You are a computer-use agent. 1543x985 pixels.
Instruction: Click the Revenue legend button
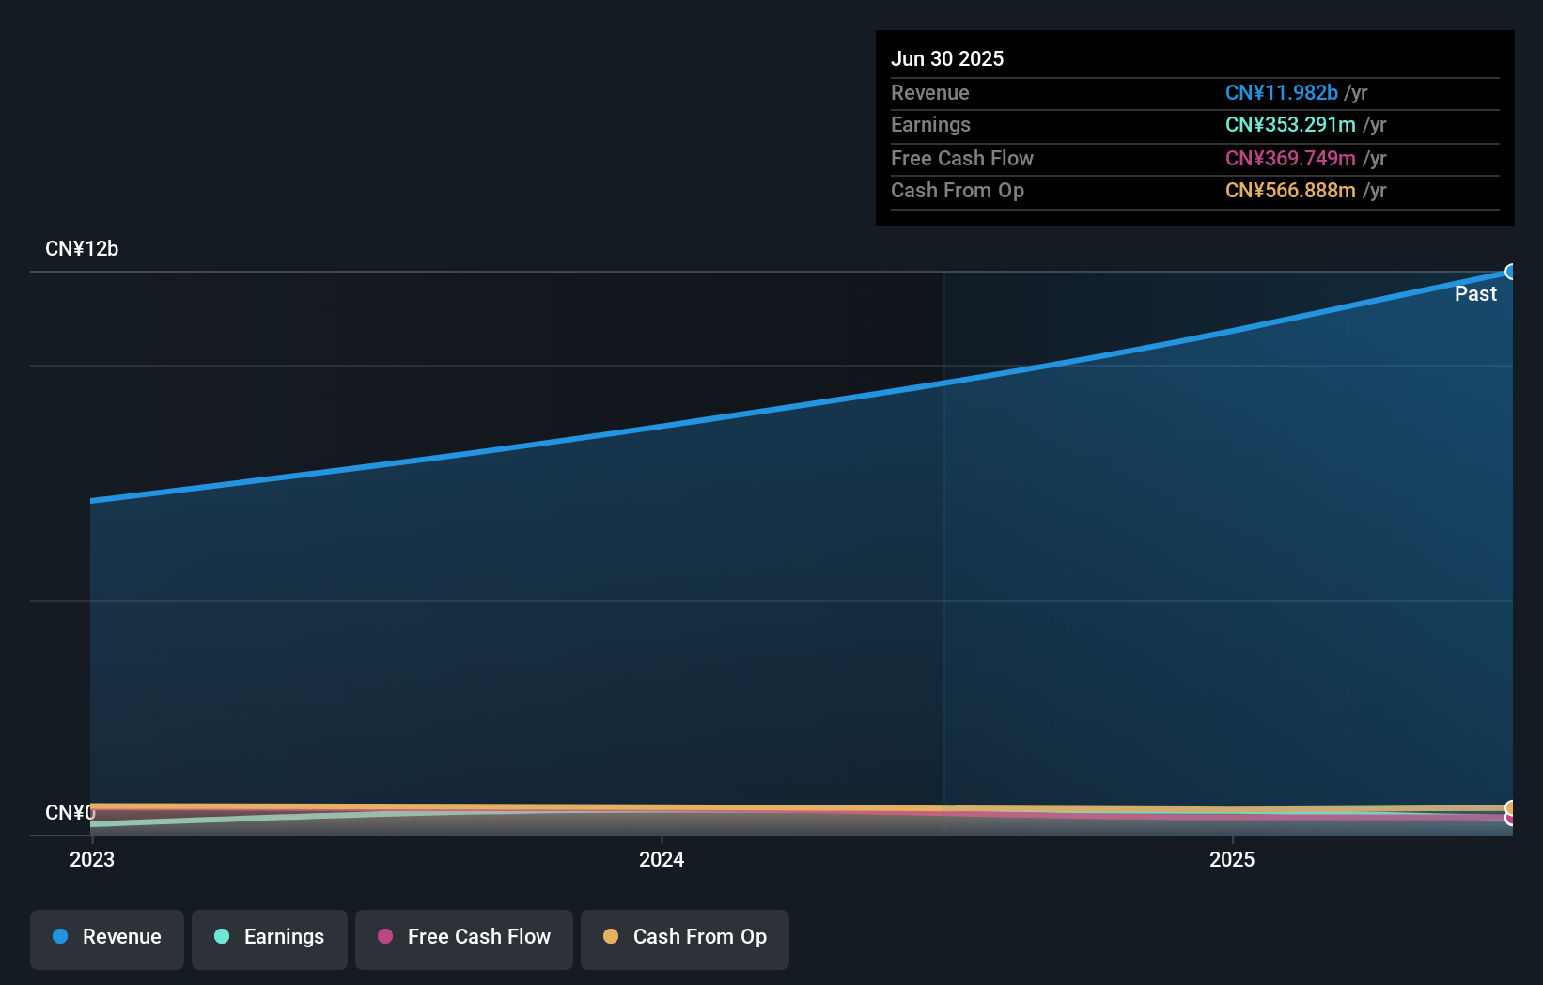tap(107, 938)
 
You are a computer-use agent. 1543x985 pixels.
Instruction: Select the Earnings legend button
tap(270, 938)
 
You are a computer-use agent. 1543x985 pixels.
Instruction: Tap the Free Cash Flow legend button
tap(464, 938)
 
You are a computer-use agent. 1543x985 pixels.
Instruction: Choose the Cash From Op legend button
tap(685, 938)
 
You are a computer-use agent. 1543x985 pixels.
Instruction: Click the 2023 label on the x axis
tap(92, 859)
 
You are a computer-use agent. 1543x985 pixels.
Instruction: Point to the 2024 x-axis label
tap(662, 859)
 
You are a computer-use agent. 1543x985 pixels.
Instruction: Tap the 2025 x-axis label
tap(1232, 859)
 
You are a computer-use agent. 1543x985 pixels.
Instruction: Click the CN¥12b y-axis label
tap(82, 249)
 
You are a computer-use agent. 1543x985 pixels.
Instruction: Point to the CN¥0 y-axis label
tap(70, 812)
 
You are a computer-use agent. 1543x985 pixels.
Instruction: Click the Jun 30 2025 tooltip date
tap(947, 58)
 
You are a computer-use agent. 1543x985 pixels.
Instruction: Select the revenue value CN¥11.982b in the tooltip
tap(1281, 93)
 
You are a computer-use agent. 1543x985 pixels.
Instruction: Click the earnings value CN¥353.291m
tap(1289, 125)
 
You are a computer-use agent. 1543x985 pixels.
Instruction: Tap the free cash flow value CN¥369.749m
tap(1289, 159)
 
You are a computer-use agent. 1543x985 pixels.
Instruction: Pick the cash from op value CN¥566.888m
tap(1289, 191)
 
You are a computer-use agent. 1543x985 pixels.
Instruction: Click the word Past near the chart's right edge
tap(1475, 294)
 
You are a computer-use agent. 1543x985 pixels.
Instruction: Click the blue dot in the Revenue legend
tap(60, 936)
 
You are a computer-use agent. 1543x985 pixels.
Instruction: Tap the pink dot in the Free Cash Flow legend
tap(385, 936)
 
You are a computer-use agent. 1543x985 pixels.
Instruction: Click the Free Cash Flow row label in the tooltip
tap(961, 159)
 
